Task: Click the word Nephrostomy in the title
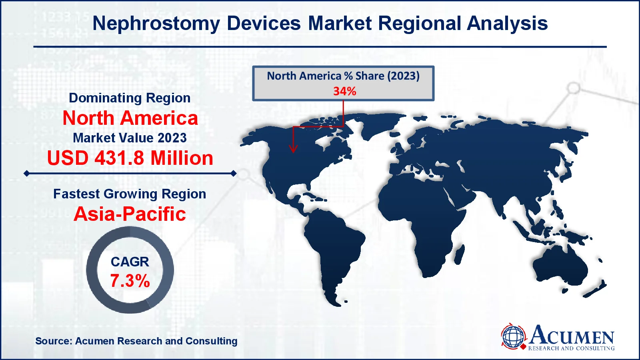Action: [156, 24]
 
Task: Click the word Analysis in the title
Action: [507, 24]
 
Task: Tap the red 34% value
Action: [344, 91]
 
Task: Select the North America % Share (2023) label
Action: [343, 76]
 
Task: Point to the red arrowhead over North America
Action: [293, 148]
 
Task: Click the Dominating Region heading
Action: [130, 98]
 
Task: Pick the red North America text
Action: [130, 118]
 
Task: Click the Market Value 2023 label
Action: [130, 138]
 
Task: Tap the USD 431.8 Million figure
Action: [130, 158]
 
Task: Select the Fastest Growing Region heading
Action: [130, 194]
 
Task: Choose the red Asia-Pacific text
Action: [130, 214]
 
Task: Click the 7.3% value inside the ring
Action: [130, 281]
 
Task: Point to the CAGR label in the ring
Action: [130, 262]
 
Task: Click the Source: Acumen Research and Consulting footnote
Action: [136, 341]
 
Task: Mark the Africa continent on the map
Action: [423, 217]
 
